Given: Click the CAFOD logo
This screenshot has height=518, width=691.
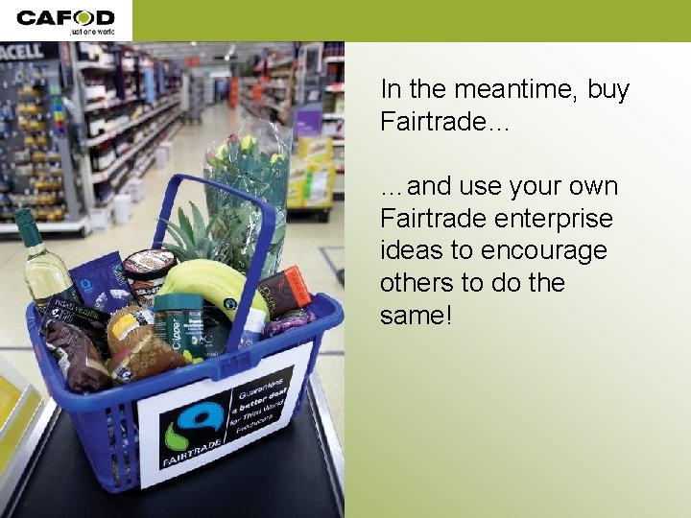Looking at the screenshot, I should [x=65, y=17].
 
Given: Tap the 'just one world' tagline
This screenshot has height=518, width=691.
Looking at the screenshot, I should [x=91, y=32].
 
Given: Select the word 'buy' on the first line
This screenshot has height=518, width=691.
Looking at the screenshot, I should [x=608, y=90].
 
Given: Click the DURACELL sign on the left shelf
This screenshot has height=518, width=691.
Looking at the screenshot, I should [x=21, y=50].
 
